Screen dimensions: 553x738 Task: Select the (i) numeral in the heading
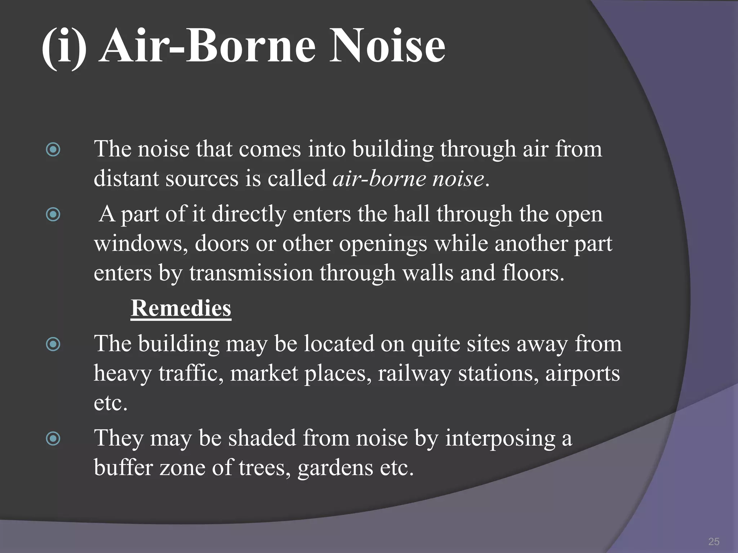pyautogui.click(x=64, y=49)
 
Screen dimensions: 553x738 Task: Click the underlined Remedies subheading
pyautogui.click(x=181, y=309)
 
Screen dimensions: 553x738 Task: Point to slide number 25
pyautogui.click(x=713, y=541)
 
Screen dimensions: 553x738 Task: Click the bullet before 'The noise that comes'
pyautogui.click(x=53, y=149)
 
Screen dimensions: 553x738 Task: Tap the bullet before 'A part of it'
pyautogui.click(x=53, y=215)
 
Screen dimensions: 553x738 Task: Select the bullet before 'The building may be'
pyautogui.click(x=53, y=345)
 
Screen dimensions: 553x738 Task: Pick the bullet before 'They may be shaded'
pyautogui.click(x=53, y=439)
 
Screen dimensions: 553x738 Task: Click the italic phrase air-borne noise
pyautogui.click(x=408, y=179)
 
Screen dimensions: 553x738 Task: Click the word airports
pyautogui.click(x=582, y=374)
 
